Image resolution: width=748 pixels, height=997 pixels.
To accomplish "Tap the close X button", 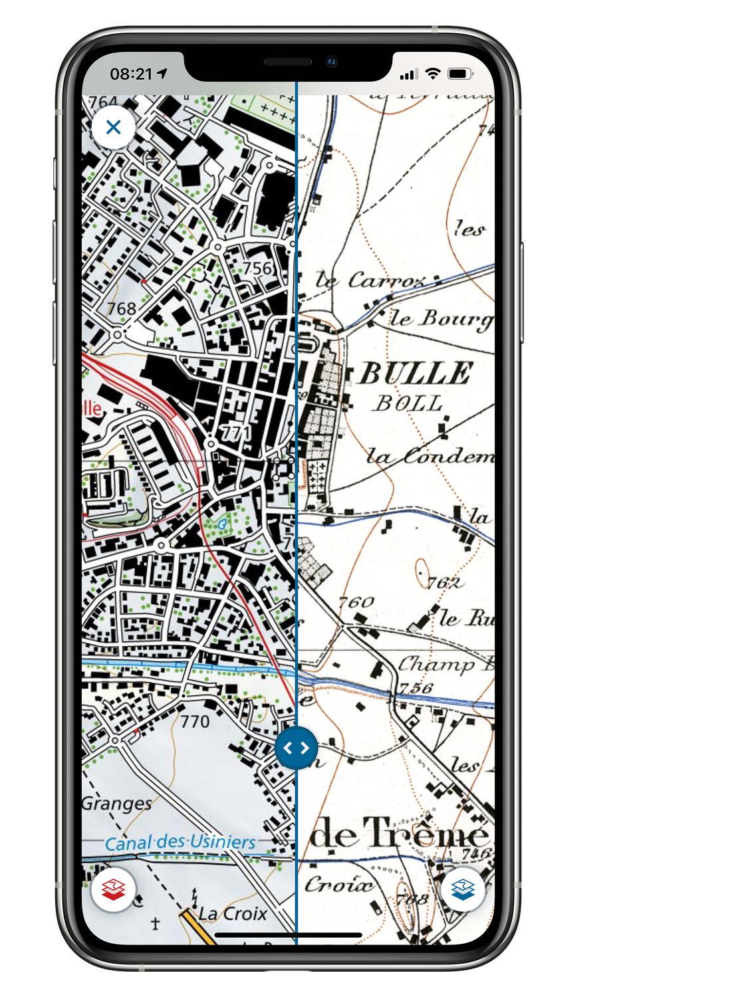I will point(114,127).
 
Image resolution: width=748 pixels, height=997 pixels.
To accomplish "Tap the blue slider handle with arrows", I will point(296,748).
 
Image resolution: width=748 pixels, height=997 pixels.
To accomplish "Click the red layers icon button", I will point(114,889).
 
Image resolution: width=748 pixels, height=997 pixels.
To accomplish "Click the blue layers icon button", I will point(463,889).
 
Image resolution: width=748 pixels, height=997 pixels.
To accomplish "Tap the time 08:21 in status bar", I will point(131,74).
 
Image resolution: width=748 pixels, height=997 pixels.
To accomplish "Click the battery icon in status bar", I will point(460,74).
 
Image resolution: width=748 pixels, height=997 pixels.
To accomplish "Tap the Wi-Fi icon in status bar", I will point(433,73).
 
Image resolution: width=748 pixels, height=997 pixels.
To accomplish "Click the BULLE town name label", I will point(416,374).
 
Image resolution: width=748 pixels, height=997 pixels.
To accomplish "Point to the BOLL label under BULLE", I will point(408,403).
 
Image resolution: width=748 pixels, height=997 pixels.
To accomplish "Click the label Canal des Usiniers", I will point(180,842).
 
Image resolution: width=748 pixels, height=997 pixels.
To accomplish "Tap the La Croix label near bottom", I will point(233,914).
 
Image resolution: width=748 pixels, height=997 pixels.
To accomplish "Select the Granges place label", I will point(117,804).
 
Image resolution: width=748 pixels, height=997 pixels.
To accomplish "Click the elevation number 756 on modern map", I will point(257,268).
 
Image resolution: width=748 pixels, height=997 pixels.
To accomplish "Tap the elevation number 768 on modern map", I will point(122,308).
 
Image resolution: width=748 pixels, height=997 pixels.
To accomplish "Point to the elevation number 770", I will point(195,721).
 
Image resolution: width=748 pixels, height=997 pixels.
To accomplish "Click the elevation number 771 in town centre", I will point(236,433).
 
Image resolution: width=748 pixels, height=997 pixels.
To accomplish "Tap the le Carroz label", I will point(369,280).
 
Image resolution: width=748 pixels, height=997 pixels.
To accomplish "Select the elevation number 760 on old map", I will point(356,602).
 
